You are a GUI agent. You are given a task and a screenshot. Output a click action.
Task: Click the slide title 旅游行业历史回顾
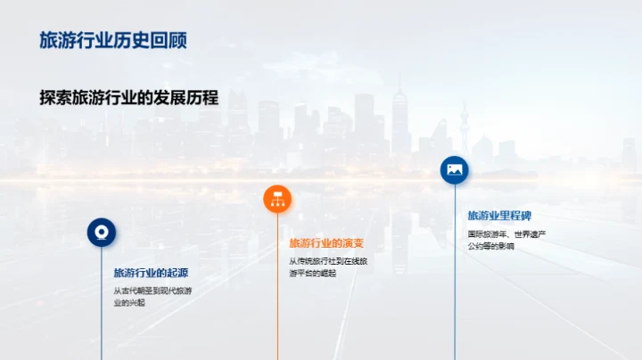click(x=113, y=41)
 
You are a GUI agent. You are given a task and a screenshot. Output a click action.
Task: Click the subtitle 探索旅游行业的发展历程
click(x=129, y=98)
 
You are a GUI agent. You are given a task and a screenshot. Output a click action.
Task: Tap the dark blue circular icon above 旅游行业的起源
click(x=102, y=233)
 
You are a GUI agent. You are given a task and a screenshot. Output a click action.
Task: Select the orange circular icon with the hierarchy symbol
click(x=277, y=199)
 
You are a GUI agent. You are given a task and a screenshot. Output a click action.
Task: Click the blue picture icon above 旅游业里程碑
click(x=455, y=169)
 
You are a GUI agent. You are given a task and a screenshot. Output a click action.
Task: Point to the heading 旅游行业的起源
click(x=151, y=273)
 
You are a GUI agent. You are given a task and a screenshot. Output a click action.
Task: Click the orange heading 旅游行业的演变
click(x=326, y=243)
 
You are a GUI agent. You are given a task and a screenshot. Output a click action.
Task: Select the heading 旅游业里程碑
click(x=499, y=216)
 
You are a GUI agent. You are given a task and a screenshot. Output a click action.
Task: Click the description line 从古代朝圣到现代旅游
click(x=152, y=290)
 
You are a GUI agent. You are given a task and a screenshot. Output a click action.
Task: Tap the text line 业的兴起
click(x=129, y=303)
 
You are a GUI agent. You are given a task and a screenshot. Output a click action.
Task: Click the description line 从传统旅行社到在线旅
click(x=328, y=261)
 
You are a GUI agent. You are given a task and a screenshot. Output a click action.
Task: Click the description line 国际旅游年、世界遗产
click(x=506, y=234)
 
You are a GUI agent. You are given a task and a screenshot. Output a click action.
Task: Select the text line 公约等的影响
click(x=491, y=247)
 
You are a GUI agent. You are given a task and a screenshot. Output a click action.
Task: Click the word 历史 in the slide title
click(x=132, y=41)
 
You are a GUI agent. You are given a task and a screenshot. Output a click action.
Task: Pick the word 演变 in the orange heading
click(x=352, y=243)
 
